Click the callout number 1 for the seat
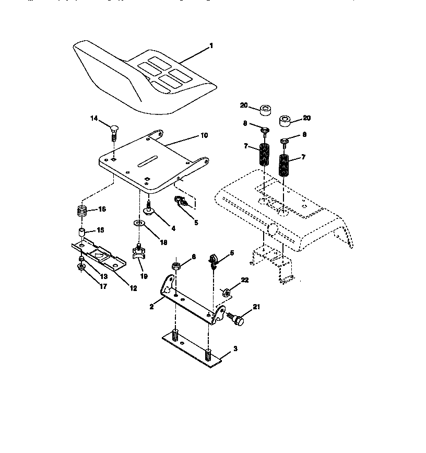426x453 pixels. (211, 46)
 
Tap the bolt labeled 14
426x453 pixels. (114, 129)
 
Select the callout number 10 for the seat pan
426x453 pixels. (203, 135)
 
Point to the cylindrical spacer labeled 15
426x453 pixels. (82, 231)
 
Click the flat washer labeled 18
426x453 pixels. (139, 224)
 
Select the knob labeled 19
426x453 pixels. (139, 253)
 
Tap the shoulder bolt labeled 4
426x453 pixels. (149, 210)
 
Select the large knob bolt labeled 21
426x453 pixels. (239, 319)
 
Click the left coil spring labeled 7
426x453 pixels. (264, 156)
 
